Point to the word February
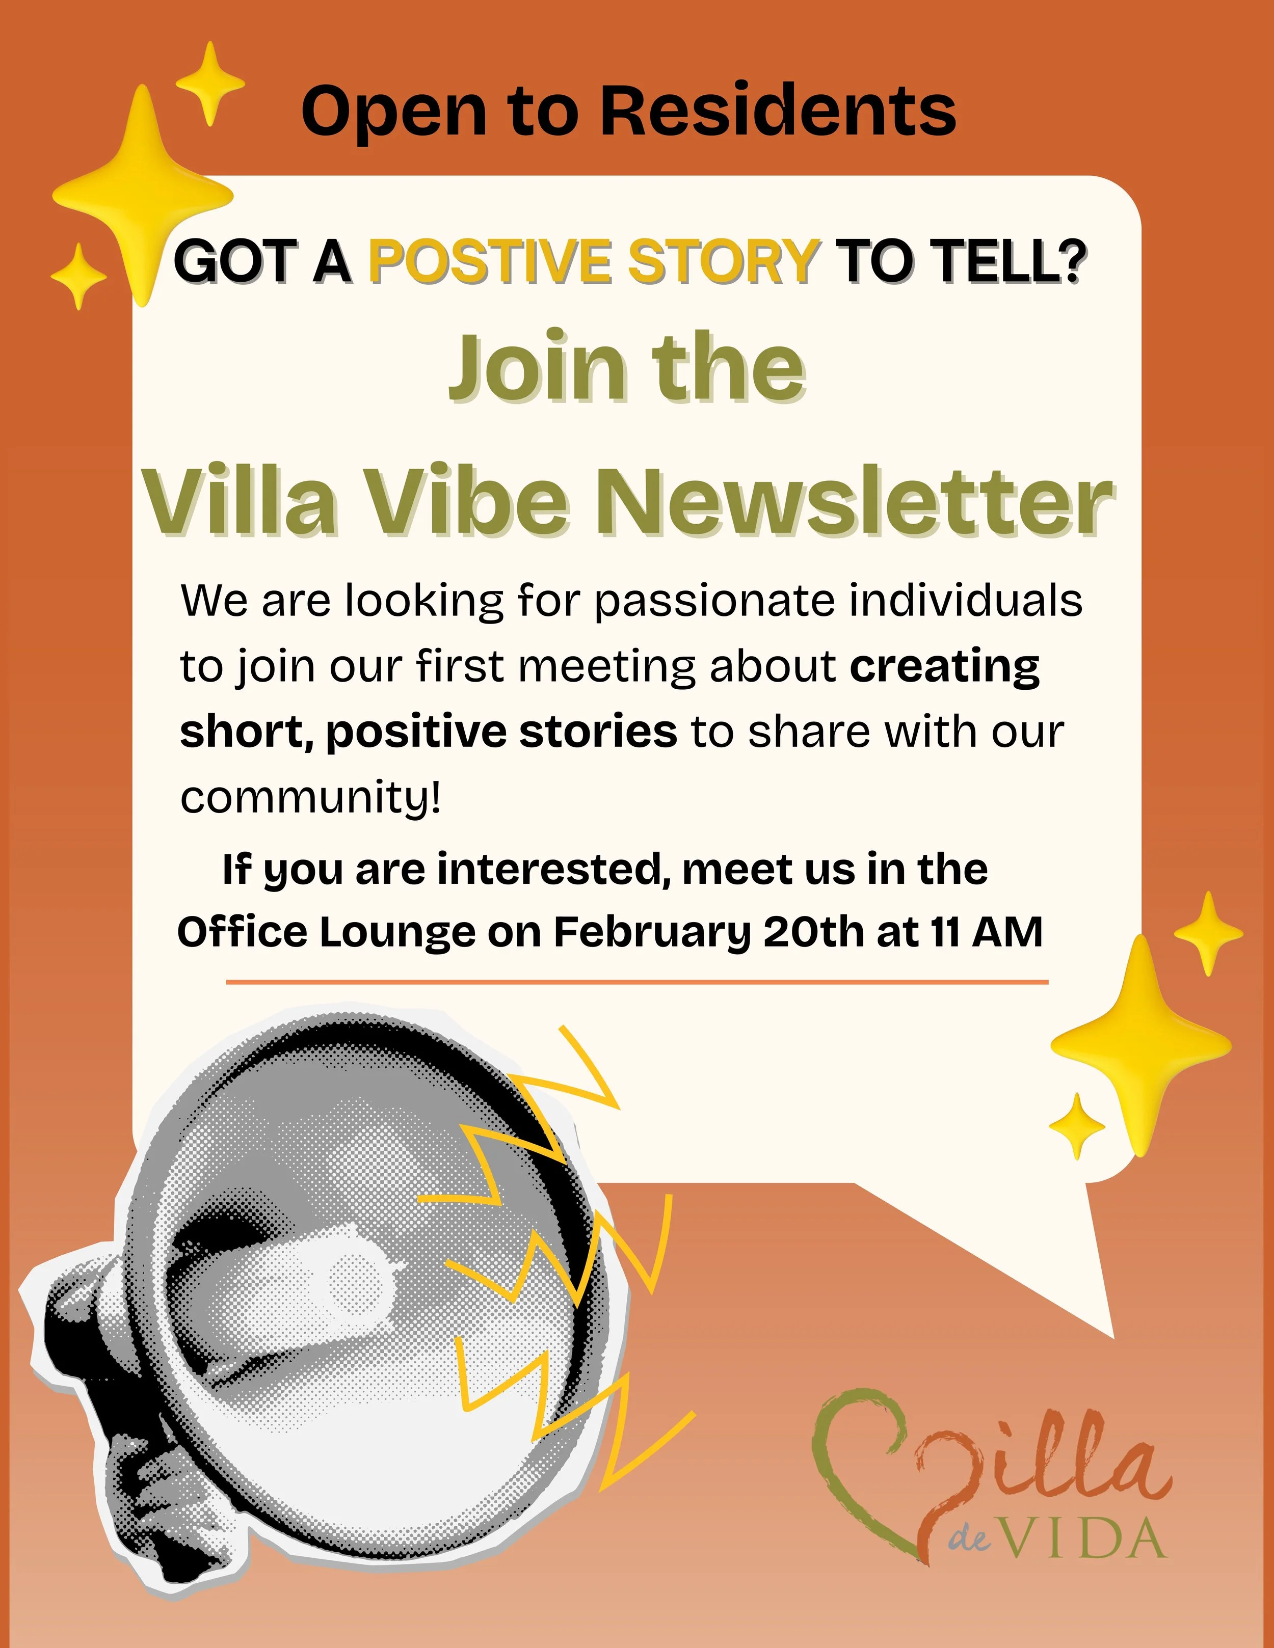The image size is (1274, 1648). point(652,933)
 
